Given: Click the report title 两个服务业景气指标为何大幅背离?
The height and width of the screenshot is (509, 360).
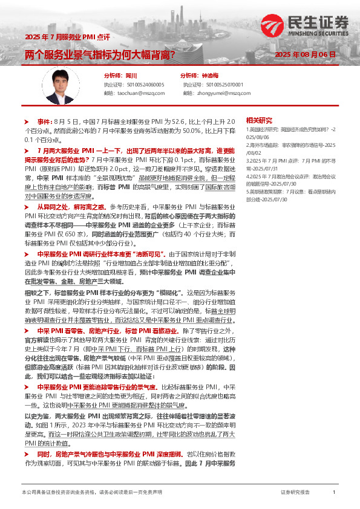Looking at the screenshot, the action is (100, 55).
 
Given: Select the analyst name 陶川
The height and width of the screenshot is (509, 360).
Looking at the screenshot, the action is (131, 76).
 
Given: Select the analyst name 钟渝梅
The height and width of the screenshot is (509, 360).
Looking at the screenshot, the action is (209, 76).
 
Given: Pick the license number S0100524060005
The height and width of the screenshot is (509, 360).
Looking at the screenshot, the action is (143, 85).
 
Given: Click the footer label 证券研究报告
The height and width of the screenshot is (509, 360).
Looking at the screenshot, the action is (295, 493).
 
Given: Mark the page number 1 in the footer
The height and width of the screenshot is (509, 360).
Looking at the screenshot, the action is (334, 493).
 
